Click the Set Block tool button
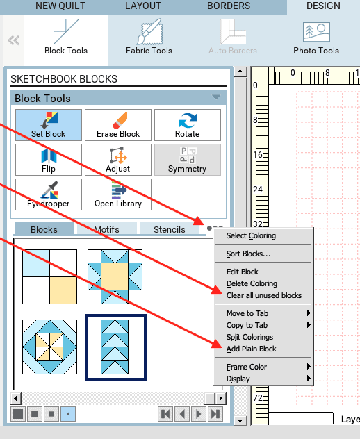49,125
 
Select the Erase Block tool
118,125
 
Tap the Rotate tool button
188,125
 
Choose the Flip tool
49,160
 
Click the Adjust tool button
118,160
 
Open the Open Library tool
118,194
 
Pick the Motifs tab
107,229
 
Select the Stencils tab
170,229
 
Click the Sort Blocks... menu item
248,254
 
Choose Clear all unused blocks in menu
264,295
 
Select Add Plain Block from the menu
252,349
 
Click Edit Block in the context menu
243,272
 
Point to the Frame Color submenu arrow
309,367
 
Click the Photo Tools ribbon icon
316,33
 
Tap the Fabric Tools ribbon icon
149,31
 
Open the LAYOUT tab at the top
143,6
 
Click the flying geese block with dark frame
115,347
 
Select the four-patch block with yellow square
49,277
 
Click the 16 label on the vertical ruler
258,154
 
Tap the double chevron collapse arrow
14,40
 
